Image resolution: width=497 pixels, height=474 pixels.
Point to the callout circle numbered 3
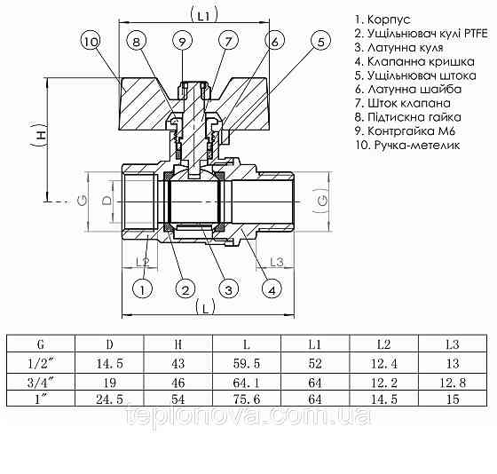click(227, 288)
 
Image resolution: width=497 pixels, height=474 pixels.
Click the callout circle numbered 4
click(272, 288)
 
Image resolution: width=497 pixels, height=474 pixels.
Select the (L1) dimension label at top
click(204, 15)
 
